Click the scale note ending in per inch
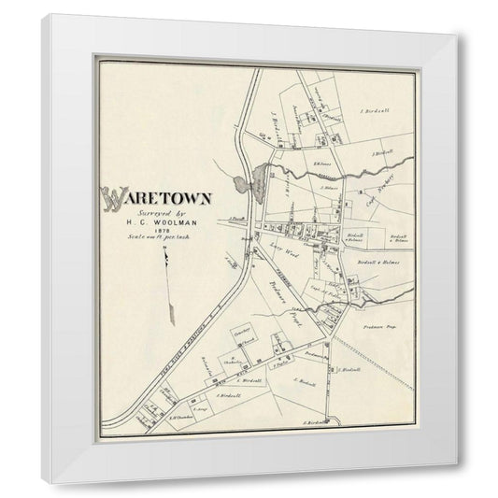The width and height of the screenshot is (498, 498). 156,239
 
